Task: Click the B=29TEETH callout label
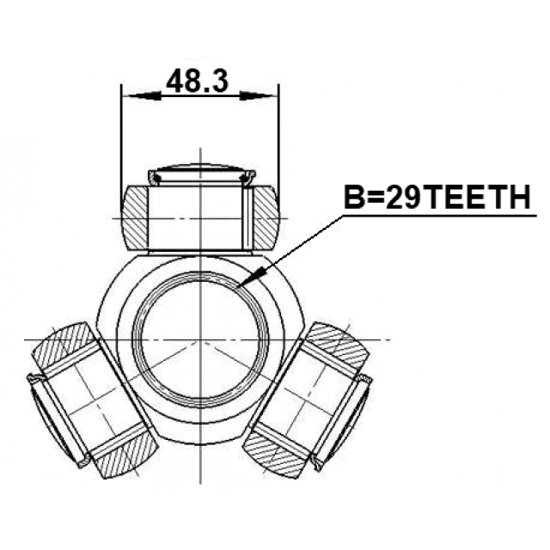tap(437, 199)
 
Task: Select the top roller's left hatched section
tap(135, 215)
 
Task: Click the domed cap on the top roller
tap(199, 173)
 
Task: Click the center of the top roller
tap(199, 217)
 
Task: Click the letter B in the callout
tap(354, 199)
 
